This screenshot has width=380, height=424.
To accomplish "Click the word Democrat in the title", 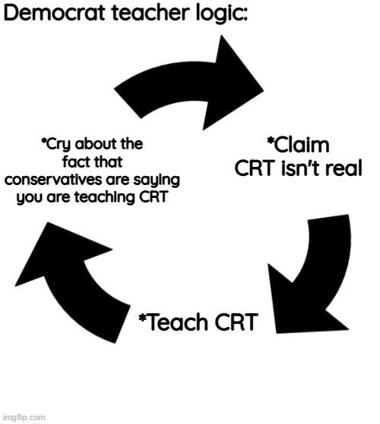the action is coord(54,12).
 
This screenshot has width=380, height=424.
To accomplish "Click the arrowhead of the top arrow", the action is coord(233,83).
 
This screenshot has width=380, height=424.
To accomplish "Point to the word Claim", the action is coord(298,145).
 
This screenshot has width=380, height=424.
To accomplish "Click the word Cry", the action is coord(56,145).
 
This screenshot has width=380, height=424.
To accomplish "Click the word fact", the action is coord(75,162).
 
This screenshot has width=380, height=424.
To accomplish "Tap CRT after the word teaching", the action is coord(154,197).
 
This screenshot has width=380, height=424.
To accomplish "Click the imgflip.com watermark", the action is coord(24,417).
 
